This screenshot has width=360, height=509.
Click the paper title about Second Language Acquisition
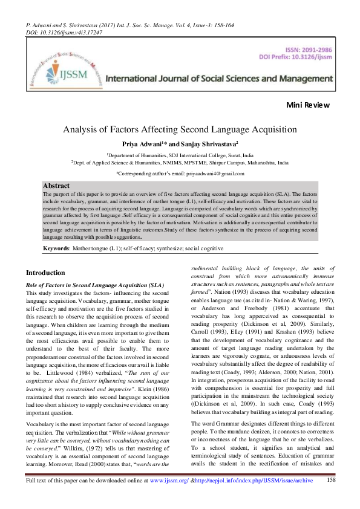click(x=180, y=129)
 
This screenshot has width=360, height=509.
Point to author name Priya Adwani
click(x=157, y=144)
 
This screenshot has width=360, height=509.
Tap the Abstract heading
click(x=57, y=186)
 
